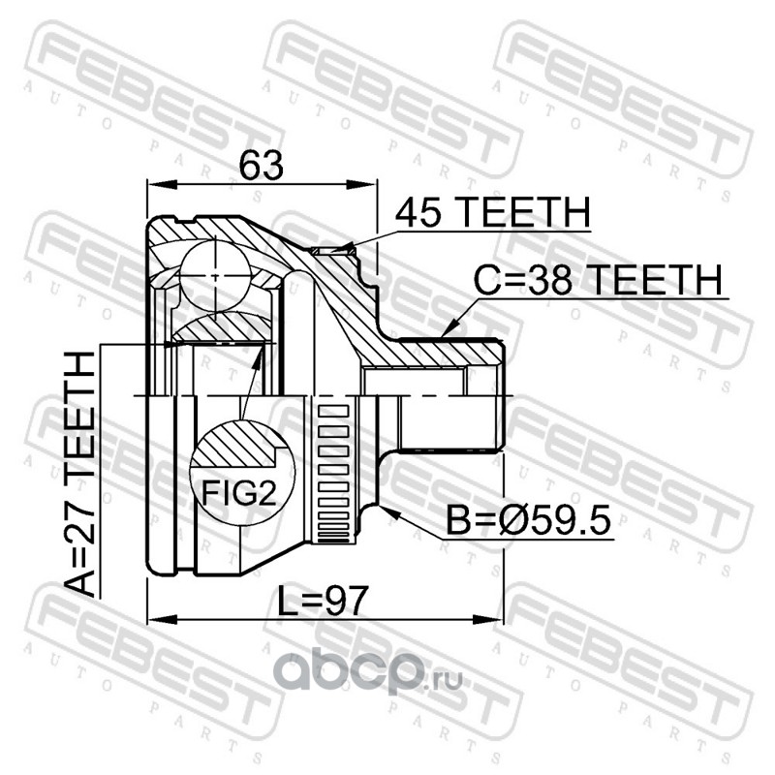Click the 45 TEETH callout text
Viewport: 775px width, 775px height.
[x=493, y=212]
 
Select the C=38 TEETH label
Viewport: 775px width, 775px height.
[x=598, y=280]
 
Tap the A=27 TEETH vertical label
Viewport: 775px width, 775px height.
[x=80, y=474]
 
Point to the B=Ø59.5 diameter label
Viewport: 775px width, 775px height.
[x=528, y=520]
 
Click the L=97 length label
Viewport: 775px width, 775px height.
[x=323, y=601]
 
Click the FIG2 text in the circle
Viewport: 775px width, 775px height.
[x=238, y=493]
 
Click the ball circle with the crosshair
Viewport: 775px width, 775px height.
[x=215, y=276]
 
